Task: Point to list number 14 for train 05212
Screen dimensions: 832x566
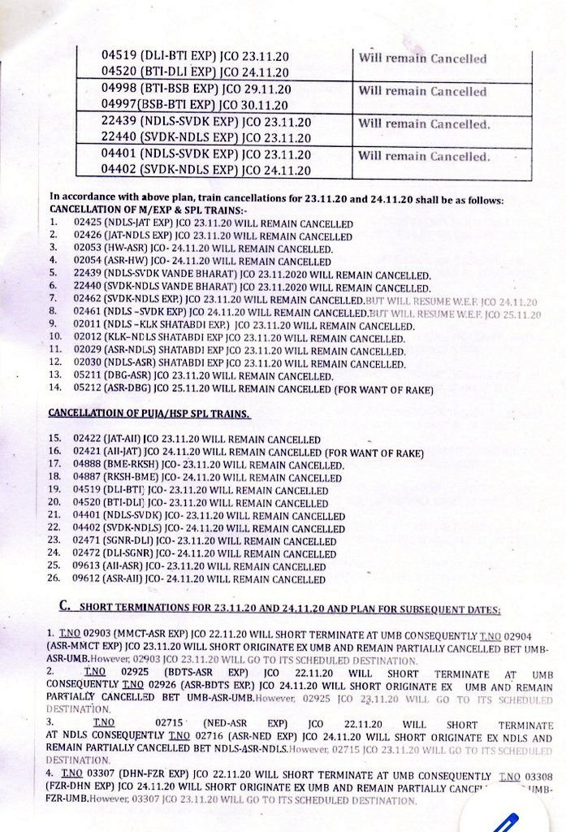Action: [55, 388]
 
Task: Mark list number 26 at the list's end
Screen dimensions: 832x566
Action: [55, 579]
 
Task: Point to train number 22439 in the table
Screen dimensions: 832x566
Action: [119, 122]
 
